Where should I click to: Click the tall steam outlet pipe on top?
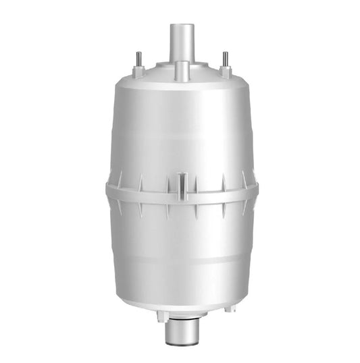(181, 42)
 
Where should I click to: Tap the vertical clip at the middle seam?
(181, 184)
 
